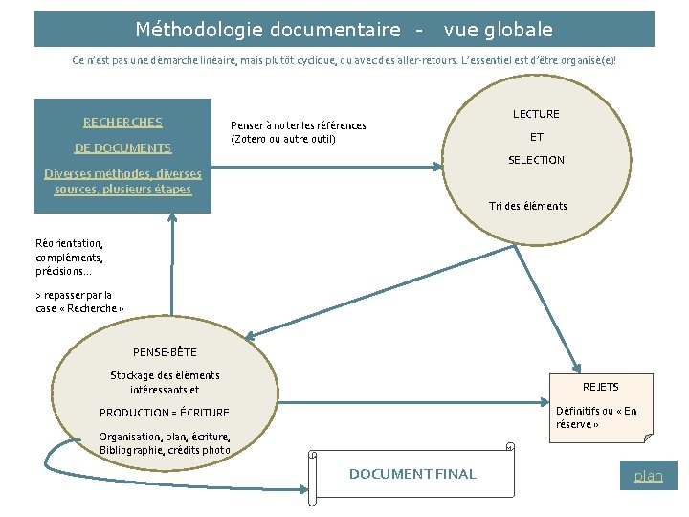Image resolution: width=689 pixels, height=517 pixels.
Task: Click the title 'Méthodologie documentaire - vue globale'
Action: tap(344, 30)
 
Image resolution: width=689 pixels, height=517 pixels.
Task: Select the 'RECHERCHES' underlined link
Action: tap(122, 122)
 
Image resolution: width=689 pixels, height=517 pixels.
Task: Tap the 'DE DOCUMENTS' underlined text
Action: tap(122, 147)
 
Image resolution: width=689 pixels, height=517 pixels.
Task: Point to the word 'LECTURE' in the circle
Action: tap(536, 114)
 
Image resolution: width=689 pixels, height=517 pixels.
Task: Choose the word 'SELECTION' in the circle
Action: tap(536, 160)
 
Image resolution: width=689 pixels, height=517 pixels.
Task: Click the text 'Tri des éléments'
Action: tap(527, 206)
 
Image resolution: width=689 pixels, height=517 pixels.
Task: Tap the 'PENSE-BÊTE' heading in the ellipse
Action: tap(165, 352)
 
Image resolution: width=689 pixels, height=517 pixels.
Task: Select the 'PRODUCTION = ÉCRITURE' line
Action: tap(165, 413)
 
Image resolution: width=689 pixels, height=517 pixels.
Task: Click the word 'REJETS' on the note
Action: tap(600, 387)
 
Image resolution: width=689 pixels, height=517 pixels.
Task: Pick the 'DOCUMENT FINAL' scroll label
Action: tap(412, 474)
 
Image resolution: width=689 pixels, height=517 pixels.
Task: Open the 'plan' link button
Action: tap(648, 475)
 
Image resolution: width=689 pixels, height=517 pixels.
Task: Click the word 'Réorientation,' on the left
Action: tap(69, 243)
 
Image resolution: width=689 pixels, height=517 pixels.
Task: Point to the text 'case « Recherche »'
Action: tap(79, 308)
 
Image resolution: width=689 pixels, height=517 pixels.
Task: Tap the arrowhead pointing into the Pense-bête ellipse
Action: tap(247, 336)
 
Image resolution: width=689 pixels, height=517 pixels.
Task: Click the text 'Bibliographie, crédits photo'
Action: tap(165, 450)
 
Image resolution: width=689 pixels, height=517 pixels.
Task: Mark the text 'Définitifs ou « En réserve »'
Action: tap(596, 417)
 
